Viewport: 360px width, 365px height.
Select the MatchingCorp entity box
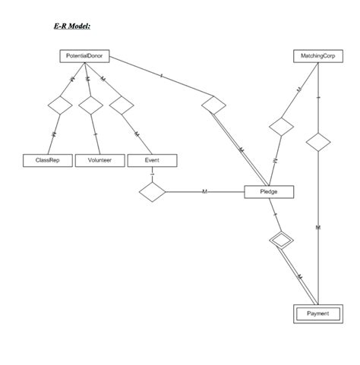click(317, 56)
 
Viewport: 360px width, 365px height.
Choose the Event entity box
click(152, 160)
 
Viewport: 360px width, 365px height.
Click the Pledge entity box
click(269, 192)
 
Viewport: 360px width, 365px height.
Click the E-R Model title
click(72, 27)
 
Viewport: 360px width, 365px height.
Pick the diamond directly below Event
click(152, 192)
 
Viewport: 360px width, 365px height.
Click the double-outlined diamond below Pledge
click(280, 241)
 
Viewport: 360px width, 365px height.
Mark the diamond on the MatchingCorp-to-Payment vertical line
click(317, 142)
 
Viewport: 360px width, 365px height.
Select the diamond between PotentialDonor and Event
click(122, 105)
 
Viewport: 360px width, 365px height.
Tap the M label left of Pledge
click(204, 192)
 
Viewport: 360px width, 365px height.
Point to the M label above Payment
click(317, 228)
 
